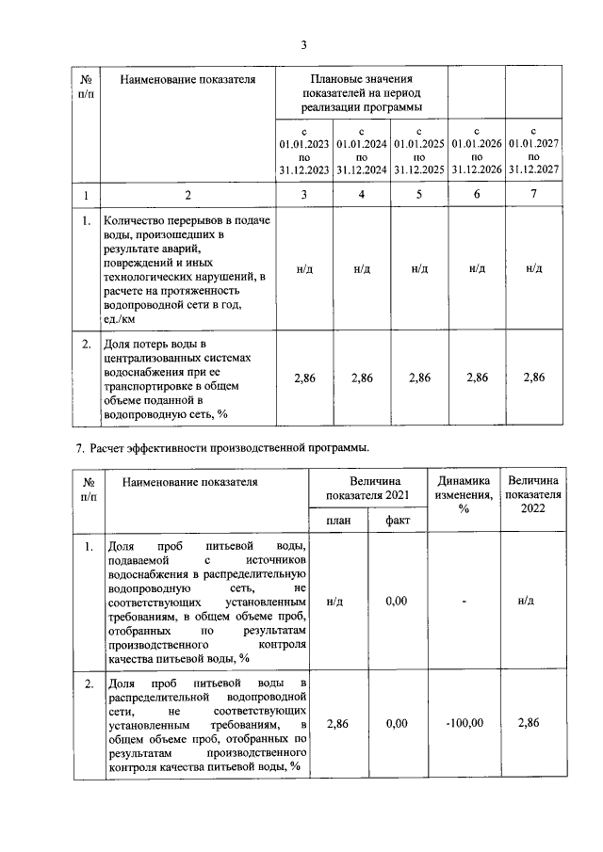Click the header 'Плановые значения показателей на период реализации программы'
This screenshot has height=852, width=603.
[x=363, y=94]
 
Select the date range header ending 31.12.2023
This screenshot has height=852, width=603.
[x=303, y=150]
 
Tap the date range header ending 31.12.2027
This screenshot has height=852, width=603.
[x=533, y=150]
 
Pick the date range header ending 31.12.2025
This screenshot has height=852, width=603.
[x=418, y=150]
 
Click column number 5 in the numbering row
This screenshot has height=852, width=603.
[x=419, y=195]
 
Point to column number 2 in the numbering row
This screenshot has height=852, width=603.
[x=187, y=195]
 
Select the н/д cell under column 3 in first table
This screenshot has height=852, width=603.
[x=304, y=268]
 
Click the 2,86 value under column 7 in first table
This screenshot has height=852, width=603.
[x=533, y=378]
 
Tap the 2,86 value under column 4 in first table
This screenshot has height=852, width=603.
[x=362, y=378]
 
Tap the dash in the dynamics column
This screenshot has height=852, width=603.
[x=464, y=600]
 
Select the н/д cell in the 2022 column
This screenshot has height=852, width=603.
[x=533, y=600]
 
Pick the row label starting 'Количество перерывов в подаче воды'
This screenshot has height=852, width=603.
[x=187, y=268]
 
